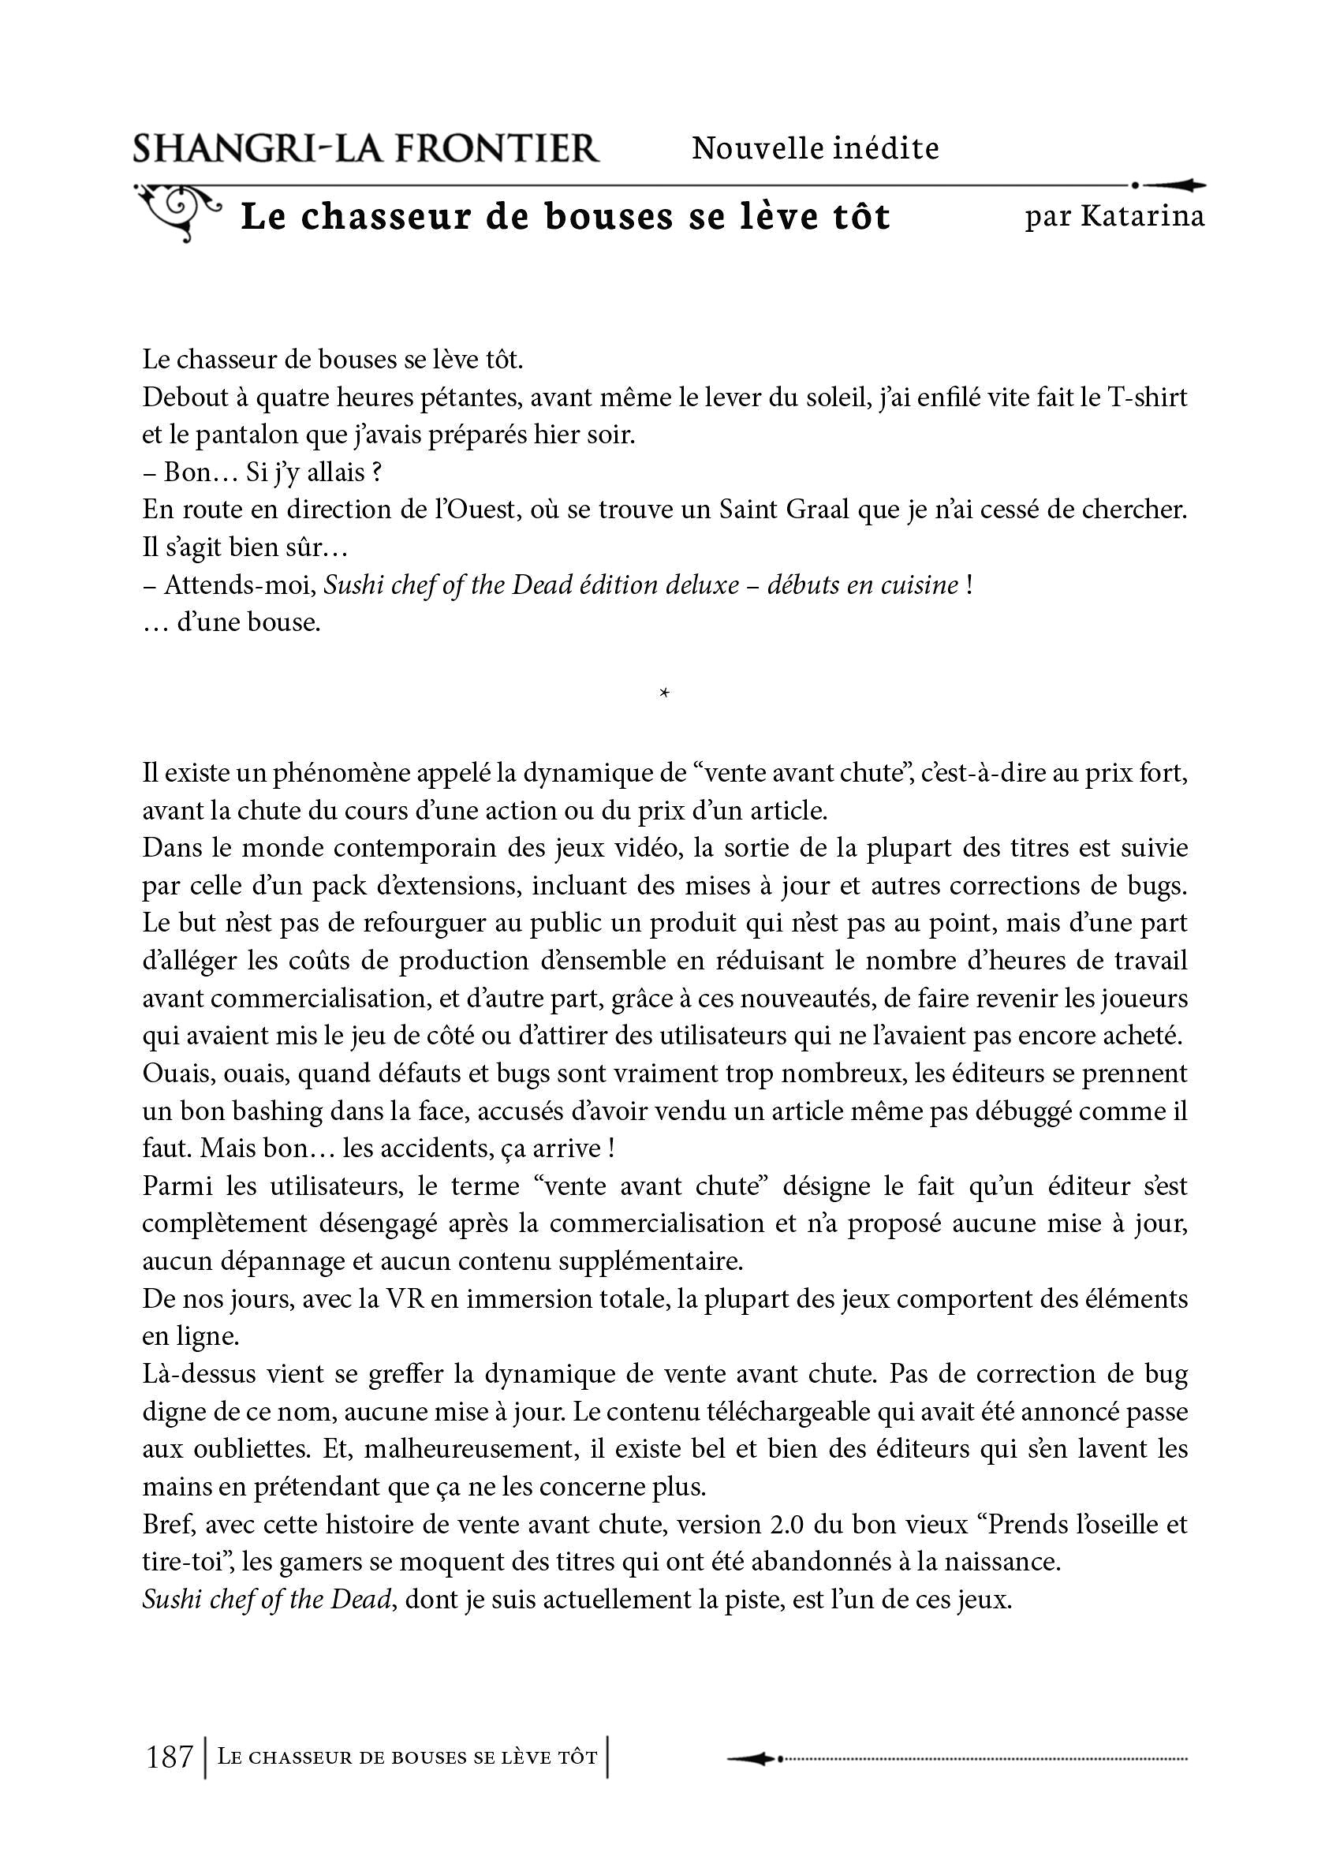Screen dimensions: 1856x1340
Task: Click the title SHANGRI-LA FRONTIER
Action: coord(366,149)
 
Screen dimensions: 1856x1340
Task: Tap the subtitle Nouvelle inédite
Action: coord(815,148)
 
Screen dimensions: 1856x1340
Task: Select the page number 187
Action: coord(170,1756)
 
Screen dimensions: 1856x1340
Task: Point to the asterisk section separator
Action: coord(664,695)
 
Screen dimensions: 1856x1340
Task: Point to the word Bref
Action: coord(168,1525)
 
